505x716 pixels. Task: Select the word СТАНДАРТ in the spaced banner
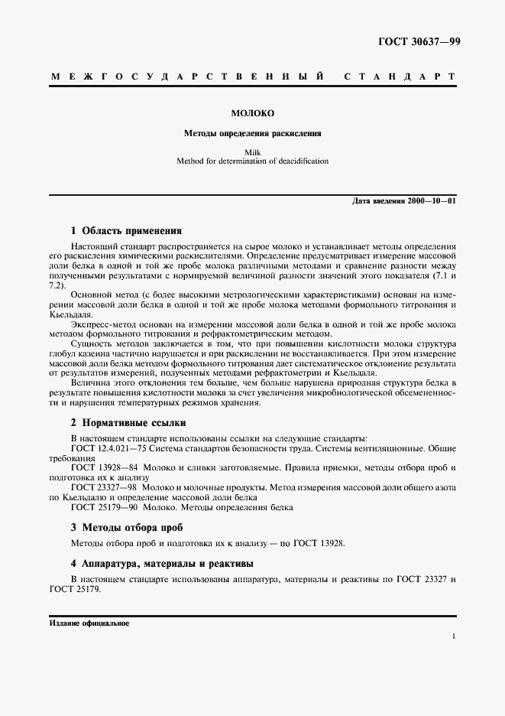tap(400, 78)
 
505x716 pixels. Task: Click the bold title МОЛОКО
tap(252, 114)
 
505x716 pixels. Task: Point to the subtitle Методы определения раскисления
tap(252, 132)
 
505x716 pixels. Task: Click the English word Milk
tap(252, 152)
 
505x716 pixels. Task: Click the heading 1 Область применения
tap(126, 229)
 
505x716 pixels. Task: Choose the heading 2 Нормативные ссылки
tap(128, 422)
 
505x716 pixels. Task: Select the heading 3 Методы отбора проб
tap(126, 527)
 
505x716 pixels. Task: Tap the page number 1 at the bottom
tap(454, 636)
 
